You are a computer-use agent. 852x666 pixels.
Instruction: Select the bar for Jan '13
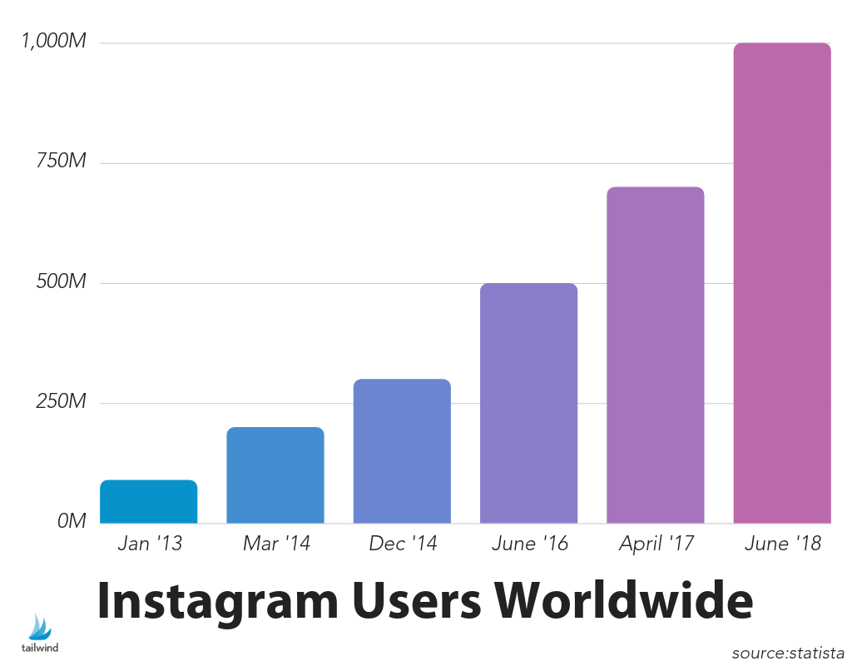(x=148, y=502)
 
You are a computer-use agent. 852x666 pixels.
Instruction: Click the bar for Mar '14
(x=275, y=475)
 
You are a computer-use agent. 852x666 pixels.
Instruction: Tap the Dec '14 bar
(x=402, y=451)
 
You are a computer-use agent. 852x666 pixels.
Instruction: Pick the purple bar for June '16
(x=528, y=404)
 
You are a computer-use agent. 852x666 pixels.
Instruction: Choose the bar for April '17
(x=655, y=355)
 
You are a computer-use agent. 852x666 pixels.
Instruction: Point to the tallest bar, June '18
(x=781, y=283)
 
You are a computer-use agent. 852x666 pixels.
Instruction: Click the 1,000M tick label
(x=53, y=42)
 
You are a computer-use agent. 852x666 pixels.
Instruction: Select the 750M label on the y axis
(x=61, y=162)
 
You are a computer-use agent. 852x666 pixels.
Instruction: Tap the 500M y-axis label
(x=61, y=282)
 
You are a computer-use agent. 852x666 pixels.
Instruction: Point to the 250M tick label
(x=61, y=402)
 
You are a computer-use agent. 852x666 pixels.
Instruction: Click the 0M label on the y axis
(x=72, y=521)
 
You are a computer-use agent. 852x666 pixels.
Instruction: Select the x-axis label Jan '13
(x=149, y=544)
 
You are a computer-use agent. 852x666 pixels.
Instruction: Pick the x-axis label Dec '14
(x=402, y=544)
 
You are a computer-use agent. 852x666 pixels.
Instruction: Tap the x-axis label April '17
(x=656, y=544)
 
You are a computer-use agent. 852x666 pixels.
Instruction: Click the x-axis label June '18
(x=782, y=544)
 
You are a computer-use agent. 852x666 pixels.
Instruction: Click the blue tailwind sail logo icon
(x=39, y=627)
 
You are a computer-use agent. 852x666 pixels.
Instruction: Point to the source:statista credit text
(x=788, y=653)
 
